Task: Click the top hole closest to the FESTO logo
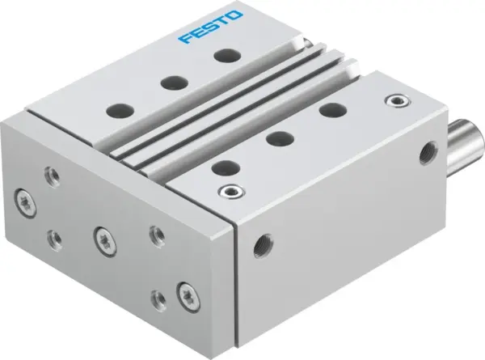coord(221,55)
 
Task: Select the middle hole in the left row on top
coord(171,81)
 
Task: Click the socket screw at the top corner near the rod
coord(395,100)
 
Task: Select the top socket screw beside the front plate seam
coord(230,193)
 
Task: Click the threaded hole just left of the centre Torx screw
coord(54,238)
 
